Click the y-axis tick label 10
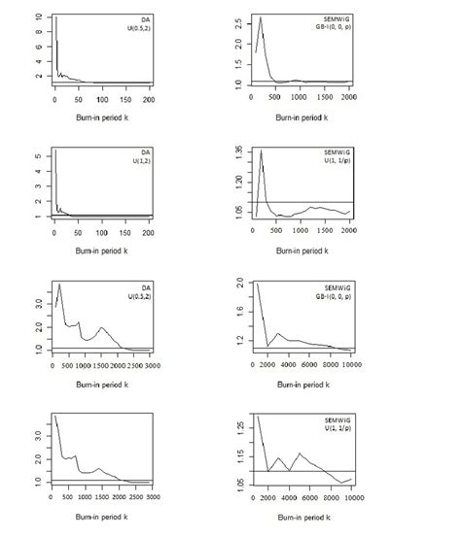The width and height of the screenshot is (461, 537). tap(37, 17)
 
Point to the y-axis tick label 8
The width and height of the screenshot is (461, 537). tap(37, 31)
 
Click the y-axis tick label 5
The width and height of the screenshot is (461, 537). tap(37, 155)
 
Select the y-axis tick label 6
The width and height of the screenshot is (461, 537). tap(37, 46)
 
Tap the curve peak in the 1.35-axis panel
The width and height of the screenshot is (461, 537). tap(262, 151)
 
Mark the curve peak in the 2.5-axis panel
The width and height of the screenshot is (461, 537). tap(261, 17)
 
